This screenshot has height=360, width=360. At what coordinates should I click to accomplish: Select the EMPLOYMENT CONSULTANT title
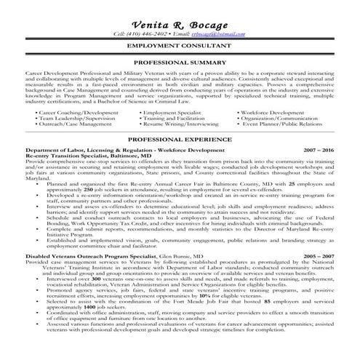180,46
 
